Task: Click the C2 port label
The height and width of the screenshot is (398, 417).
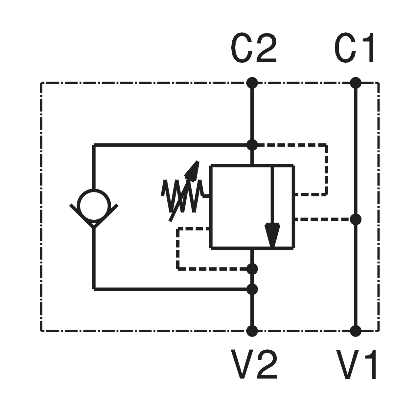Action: [x=254, y=48]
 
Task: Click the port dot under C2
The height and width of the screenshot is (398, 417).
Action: [x=252, y=83]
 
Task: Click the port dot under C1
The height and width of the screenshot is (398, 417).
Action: [x=356, y=83]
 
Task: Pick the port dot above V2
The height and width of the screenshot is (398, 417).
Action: [x=252, y=331]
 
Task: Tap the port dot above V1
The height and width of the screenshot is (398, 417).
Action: [x=356, y=331]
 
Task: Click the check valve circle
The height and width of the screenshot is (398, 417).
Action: [x=94, y=205]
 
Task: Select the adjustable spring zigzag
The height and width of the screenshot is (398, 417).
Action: [x=182, y=196]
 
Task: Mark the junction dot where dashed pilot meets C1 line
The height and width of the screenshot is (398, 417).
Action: [x=356, y=219]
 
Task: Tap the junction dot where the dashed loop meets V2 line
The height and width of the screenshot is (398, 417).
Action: [x=252, y=269]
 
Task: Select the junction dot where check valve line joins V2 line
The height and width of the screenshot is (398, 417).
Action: [x=252, y=289]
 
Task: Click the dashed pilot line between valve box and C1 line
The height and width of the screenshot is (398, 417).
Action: [x=322, y=219]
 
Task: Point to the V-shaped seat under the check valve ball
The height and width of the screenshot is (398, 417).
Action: [x=94, y=221]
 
